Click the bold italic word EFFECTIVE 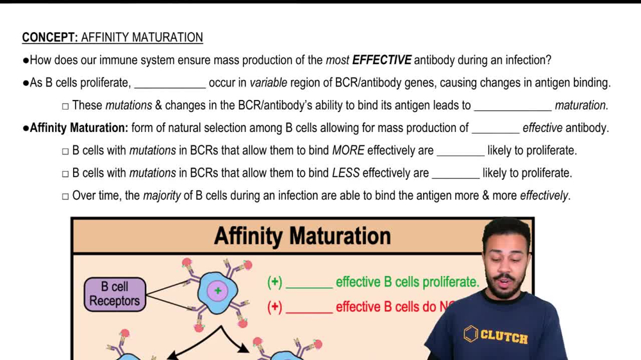coord(381,61)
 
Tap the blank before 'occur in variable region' coord(170,84)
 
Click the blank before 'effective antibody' coord(495,129)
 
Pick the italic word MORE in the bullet coord(348,151)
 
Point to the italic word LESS coord(345,174)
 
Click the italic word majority coord(162,196)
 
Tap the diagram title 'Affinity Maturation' coord(303,236)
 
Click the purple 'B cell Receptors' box coord(115,294)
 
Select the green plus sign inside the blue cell coord(218,291)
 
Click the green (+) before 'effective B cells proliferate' coord(275,282)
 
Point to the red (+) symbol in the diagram coord(275,307)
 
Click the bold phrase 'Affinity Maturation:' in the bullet coord(79,128)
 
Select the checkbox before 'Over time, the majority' coord(65,197)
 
